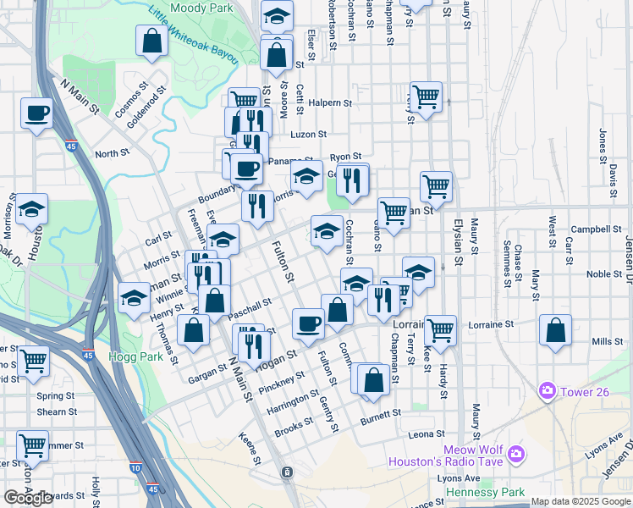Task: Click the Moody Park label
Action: [x=201, y=8]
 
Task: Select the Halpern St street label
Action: [x=331, y=103]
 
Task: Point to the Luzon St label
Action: [x=308, y=135]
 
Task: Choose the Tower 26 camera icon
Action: [x=548, y=390]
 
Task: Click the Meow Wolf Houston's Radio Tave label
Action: [x=457, y=456]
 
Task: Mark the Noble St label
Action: [x=604, y=273]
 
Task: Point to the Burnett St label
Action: [x=380, y=416]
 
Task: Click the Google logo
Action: [x=28, y=498]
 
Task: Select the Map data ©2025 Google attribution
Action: [x=580, y=501]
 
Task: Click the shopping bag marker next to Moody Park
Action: [x=151, y=41]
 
